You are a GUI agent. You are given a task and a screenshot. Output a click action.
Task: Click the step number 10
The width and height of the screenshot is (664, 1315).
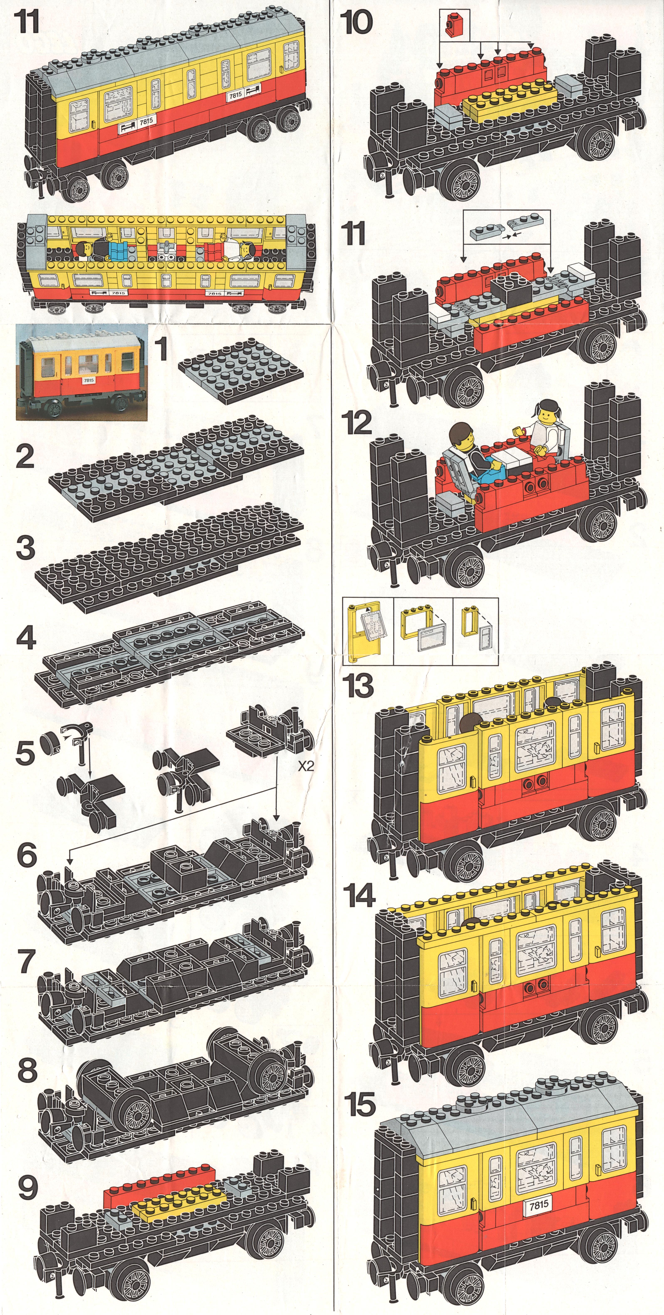click(x=359, y=22)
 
